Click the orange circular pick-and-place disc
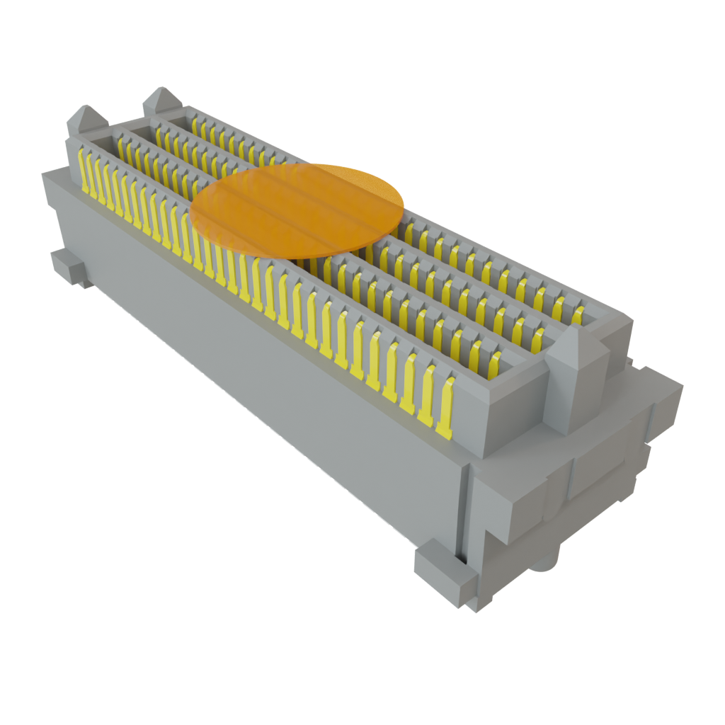pyautogui.click(x=297, y=209)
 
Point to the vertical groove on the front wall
pyautogui.click(x=464, y=510)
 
